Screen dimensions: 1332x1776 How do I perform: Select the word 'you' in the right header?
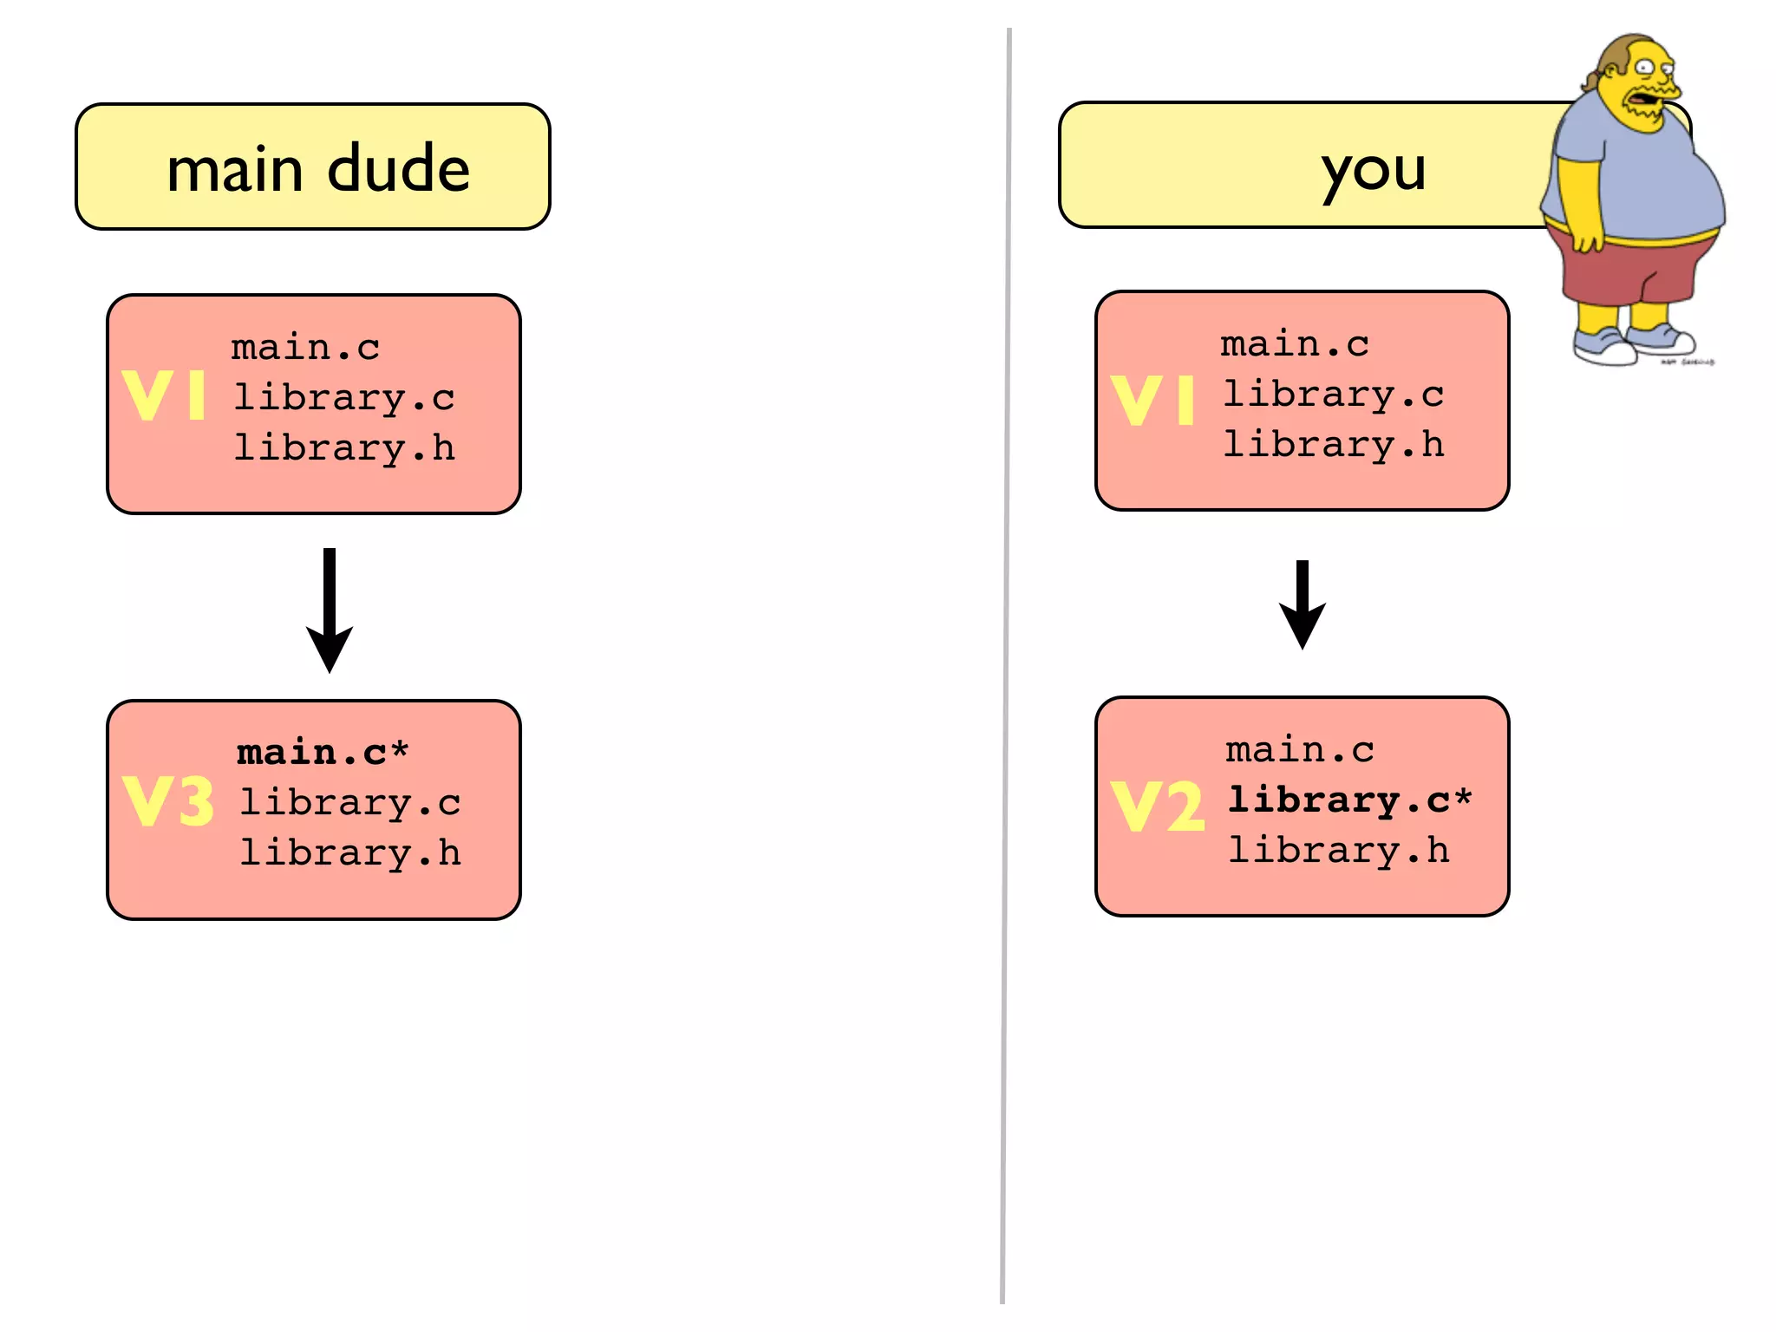point(1373,170)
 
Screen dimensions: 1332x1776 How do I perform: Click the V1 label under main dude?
point(164,396)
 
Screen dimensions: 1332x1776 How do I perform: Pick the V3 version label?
point(168,801)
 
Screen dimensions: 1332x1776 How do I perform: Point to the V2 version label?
point(1157,806)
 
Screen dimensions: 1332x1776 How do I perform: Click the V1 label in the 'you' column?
point(1152,400)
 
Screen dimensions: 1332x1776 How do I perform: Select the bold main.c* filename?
point(322,752)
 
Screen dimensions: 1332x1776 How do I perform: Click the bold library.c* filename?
point(1349,800)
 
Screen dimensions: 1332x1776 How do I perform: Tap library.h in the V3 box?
point(349,852)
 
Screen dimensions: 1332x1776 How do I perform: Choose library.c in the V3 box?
point(349,802)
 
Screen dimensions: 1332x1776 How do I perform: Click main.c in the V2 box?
point(1299,749)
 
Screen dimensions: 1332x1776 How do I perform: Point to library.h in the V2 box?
point(1338,850)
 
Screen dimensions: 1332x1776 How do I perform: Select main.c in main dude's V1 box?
point(305,347)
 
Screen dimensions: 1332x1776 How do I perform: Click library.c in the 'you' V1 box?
point(1333,395)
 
